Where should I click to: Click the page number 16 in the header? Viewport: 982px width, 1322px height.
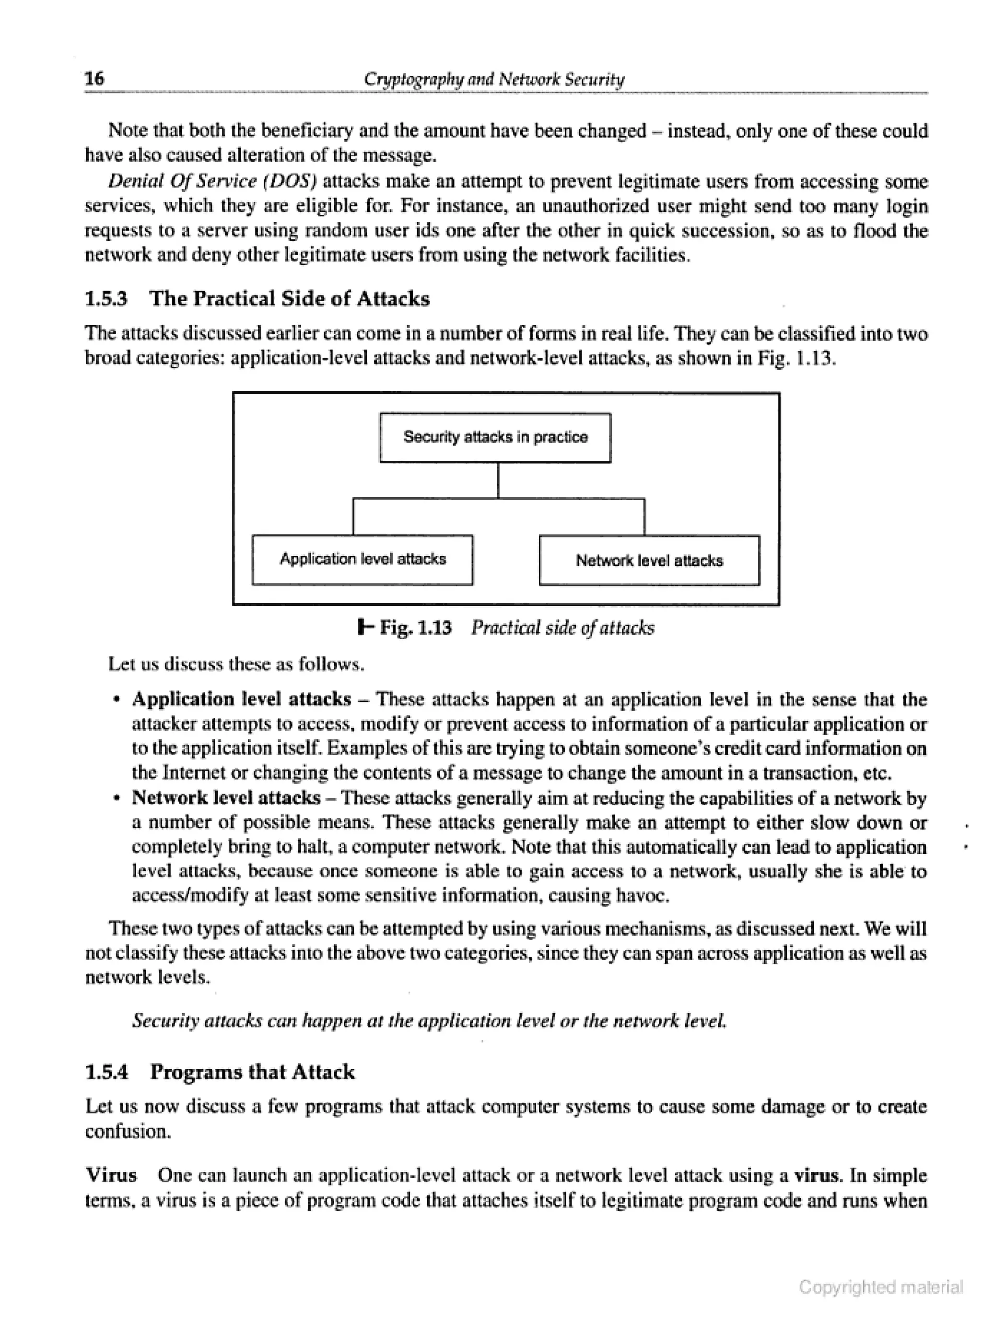click(94, 78)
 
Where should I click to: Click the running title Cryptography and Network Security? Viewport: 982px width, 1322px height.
click(494, 79)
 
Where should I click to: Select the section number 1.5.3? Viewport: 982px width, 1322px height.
click(106, 298)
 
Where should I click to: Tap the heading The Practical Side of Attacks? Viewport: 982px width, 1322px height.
click(290, 298)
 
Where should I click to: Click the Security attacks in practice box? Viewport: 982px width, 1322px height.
click(495, 437)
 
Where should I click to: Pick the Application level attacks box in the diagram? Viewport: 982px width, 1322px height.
click(362, 560)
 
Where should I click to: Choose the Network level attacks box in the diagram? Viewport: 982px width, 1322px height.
click(649, 561)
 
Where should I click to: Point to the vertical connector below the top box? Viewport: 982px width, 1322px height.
click(498, 480)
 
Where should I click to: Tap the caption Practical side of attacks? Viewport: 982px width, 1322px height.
click(562, 628)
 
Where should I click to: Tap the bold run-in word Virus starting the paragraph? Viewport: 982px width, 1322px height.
click(111, 1176)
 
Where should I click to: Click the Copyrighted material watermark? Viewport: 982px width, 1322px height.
click(880, 1287)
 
